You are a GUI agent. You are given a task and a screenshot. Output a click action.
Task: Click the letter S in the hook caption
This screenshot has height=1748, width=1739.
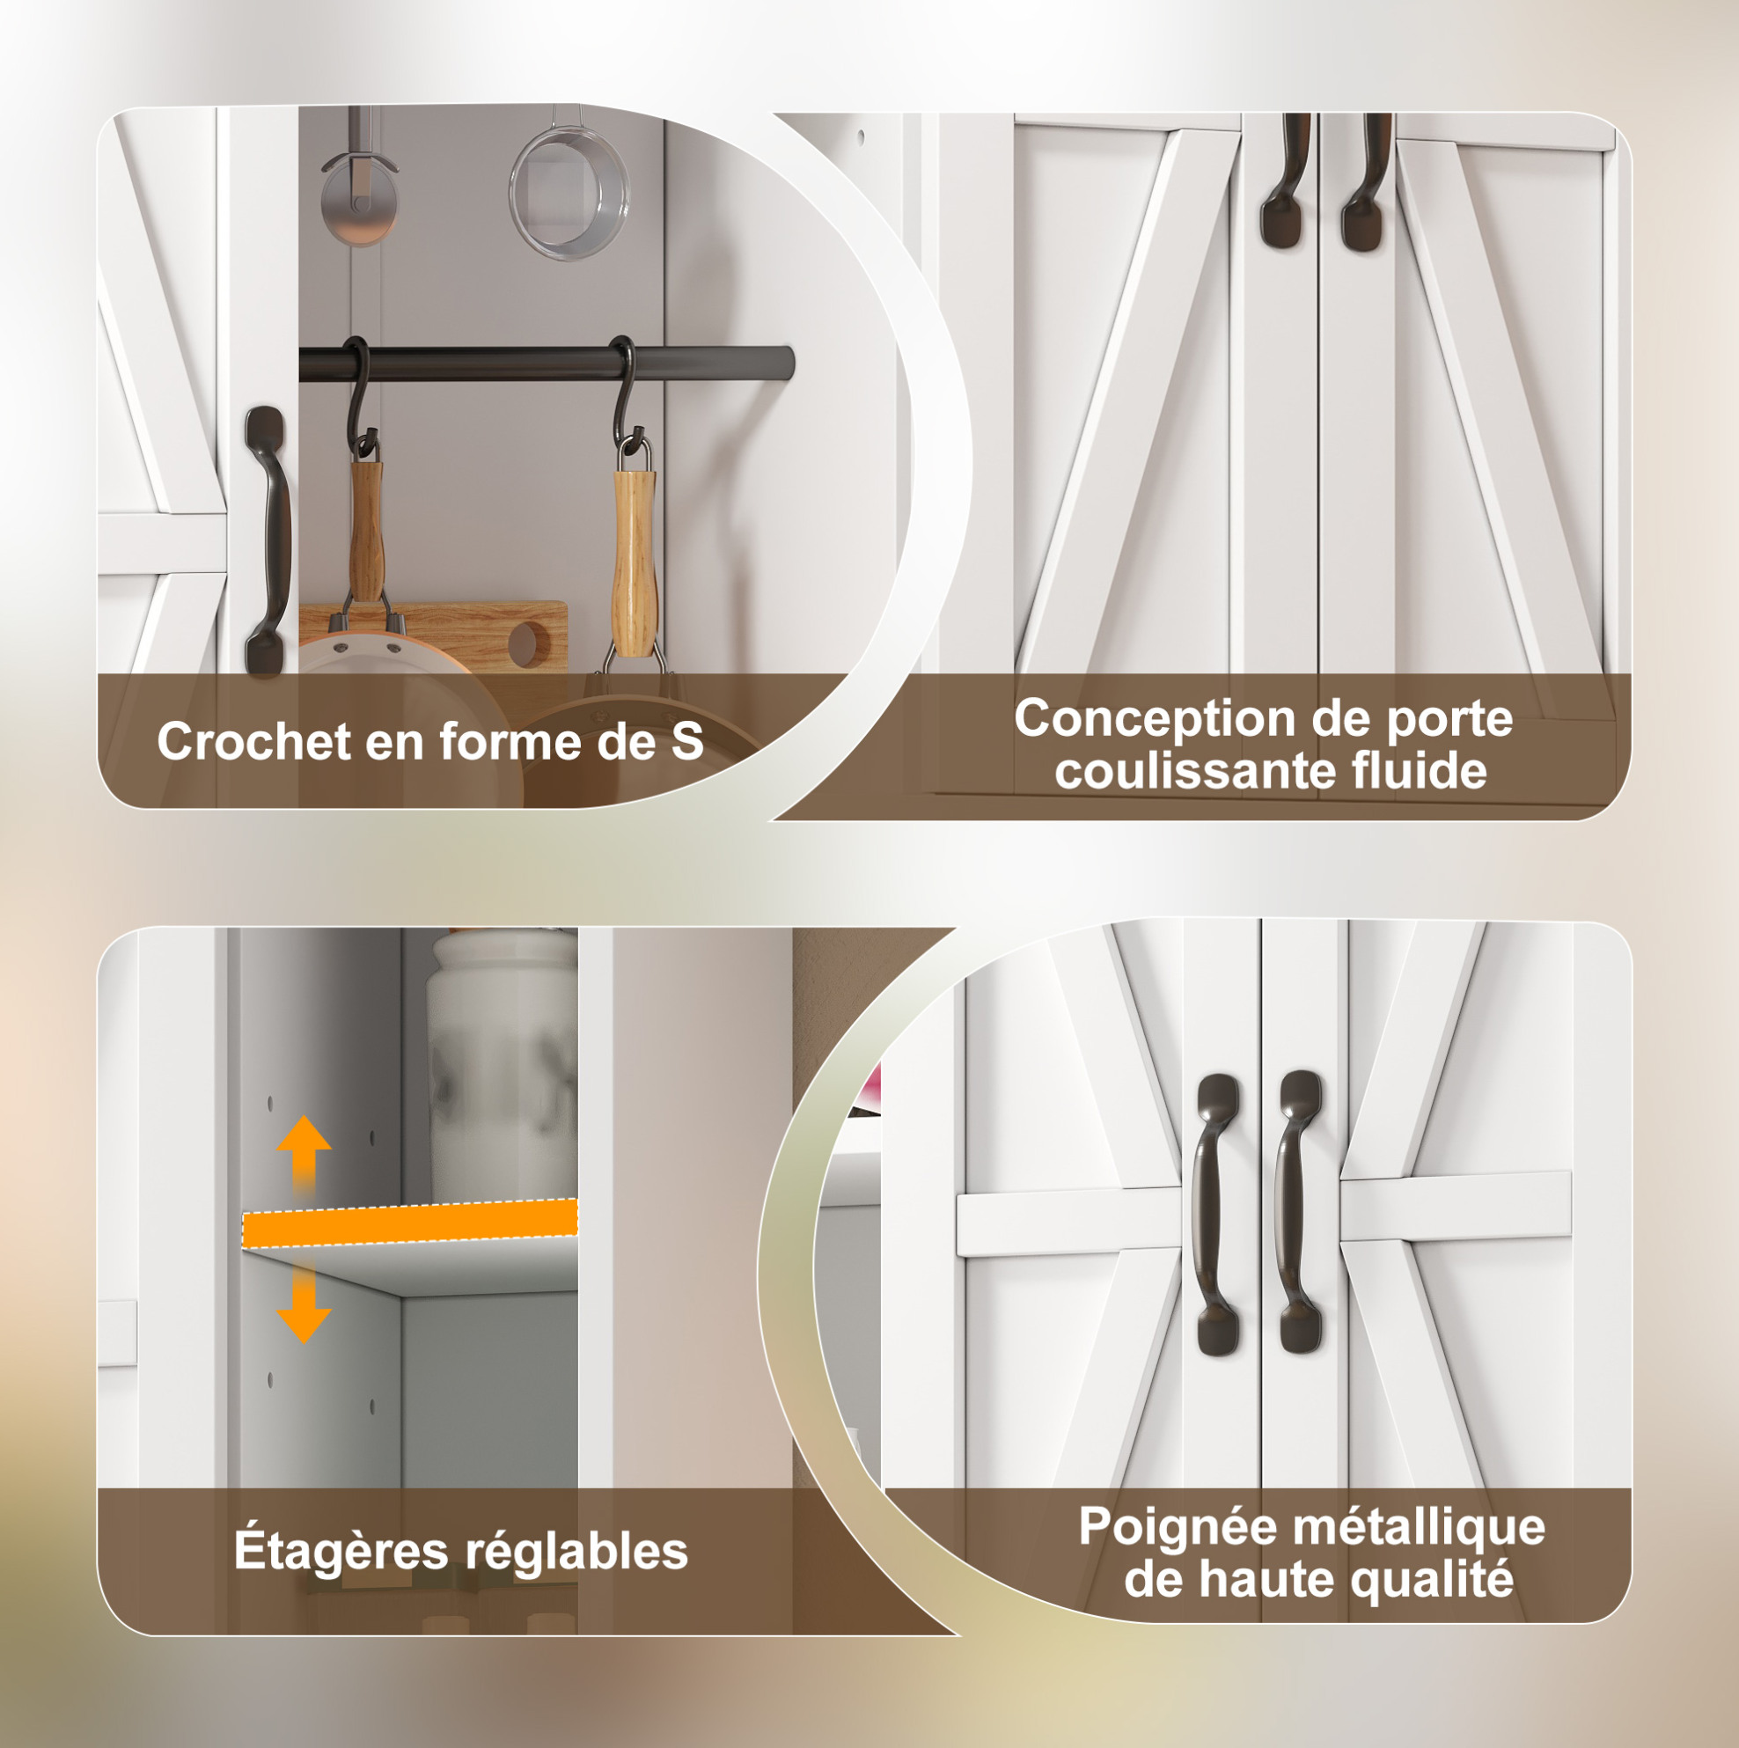coord(686,741)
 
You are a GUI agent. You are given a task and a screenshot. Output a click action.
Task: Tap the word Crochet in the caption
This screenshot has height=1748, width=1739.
coord(254,741)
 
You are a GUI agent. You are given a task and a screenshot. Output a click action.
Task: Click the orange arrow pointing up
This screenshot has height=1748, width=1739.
coord(304,1153)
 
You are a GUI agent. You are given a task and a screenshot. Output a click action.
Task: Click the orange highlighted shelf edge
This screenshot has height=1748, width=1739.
coord(410,1223)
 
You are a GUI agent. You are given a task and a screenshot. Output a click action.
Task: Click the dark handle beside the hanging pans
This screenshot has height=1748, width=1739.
coord(267,540)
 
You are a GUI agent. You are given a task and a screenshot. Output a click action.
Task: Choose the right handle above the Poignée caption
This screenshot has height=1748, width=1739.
coord(1300,1211)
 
